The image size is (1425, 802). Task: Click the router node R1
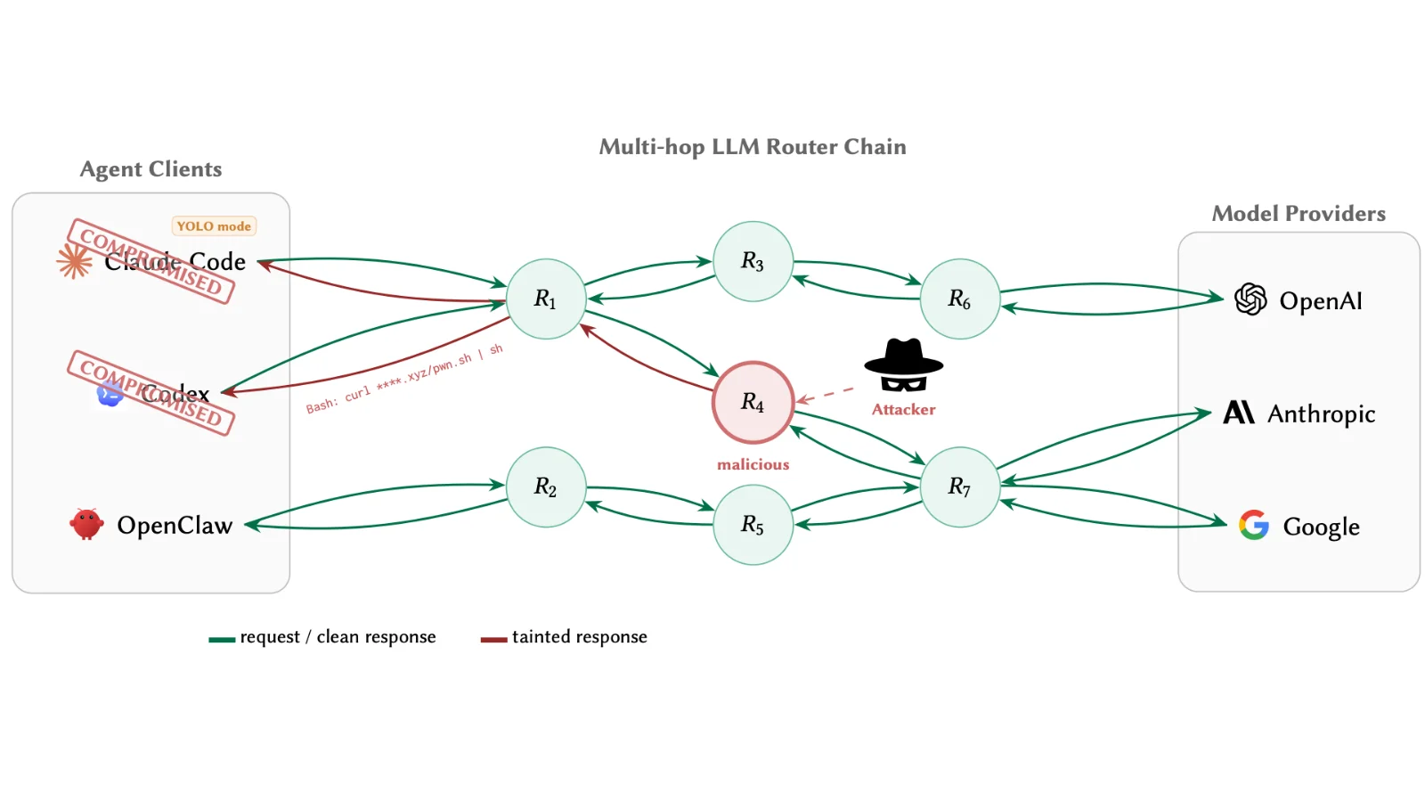545,299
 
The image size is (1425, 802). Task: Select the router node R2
545,487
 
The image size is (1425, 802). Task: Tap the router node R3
753,261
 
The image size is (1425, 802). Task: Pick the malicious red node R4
753,402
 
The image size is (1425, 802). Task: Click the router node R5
753,524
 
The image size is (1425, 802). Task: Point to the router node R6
959,299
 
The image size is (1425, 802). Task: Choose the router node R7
959,487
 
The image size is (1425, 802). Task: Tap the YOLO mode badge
214,226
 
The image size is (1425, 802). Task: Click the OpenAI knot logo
1250,299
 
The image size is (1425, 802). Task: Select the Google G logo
1253,525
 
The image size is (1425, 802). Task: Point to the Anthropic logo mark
1238,412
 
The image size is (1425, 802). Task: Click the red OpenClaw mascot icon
86,524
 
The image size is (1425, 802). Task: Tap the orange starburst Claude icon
74,261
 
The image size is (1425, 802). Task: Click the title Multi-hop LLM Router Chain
753,147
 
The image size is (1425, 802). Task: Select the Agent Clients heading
151,169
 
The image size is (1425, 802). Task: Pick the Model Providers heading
1299,214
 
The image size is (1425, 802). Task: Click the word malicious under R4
753,464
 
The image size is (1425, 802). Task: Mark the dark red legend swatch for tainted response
493,639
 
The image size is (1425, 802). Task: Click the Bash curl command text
404,379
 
